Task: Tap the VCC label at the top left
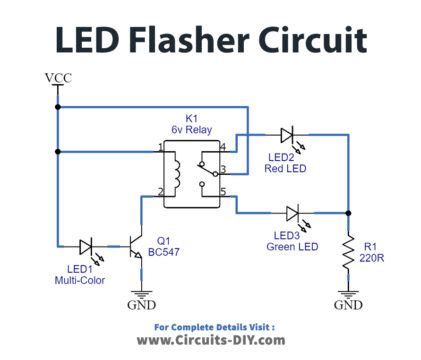coord(58,77)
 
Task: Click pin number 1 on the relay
coord(160,148)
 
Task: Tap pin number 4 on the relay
coord(222,148)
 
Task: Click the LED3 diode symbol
coord(292,212)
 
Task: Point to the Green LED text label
coord(293,247)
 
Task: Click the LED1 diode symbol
coord(87,244)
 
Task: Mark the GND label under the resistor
coord(348,305)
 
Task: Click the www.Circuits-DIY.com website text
coord(212,340)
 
